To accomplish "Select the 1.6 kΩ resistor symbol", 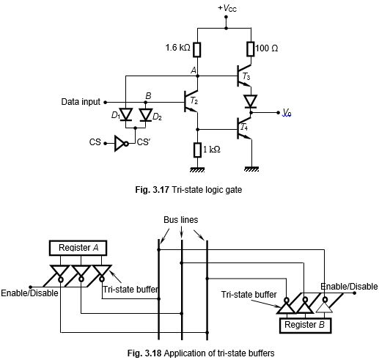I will click(x=197, y=49).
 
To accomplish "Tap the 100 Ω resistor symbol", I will click(x=250, y=49).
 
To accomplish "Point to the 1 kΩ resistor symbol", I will click(x=197, y=150).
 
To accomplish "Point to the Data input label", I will click(x=81, y=102).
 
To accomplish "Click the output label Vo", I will click(x=288, y=113).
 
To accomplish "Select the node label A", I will click(x=193, y=70).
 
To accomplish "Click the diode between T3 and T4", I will click(x=250, y=100).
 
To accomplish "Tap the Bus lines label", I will click(x=181, y=219).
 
